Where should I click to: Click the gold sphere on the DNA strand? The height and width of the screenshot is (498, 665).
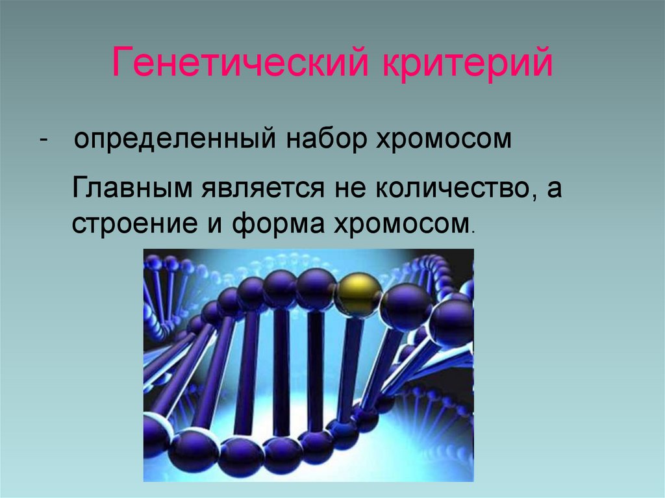(x=357, y=295)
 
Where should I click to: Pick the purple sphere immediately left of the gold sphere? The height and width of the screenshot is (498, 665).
(x=316, y=288)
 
